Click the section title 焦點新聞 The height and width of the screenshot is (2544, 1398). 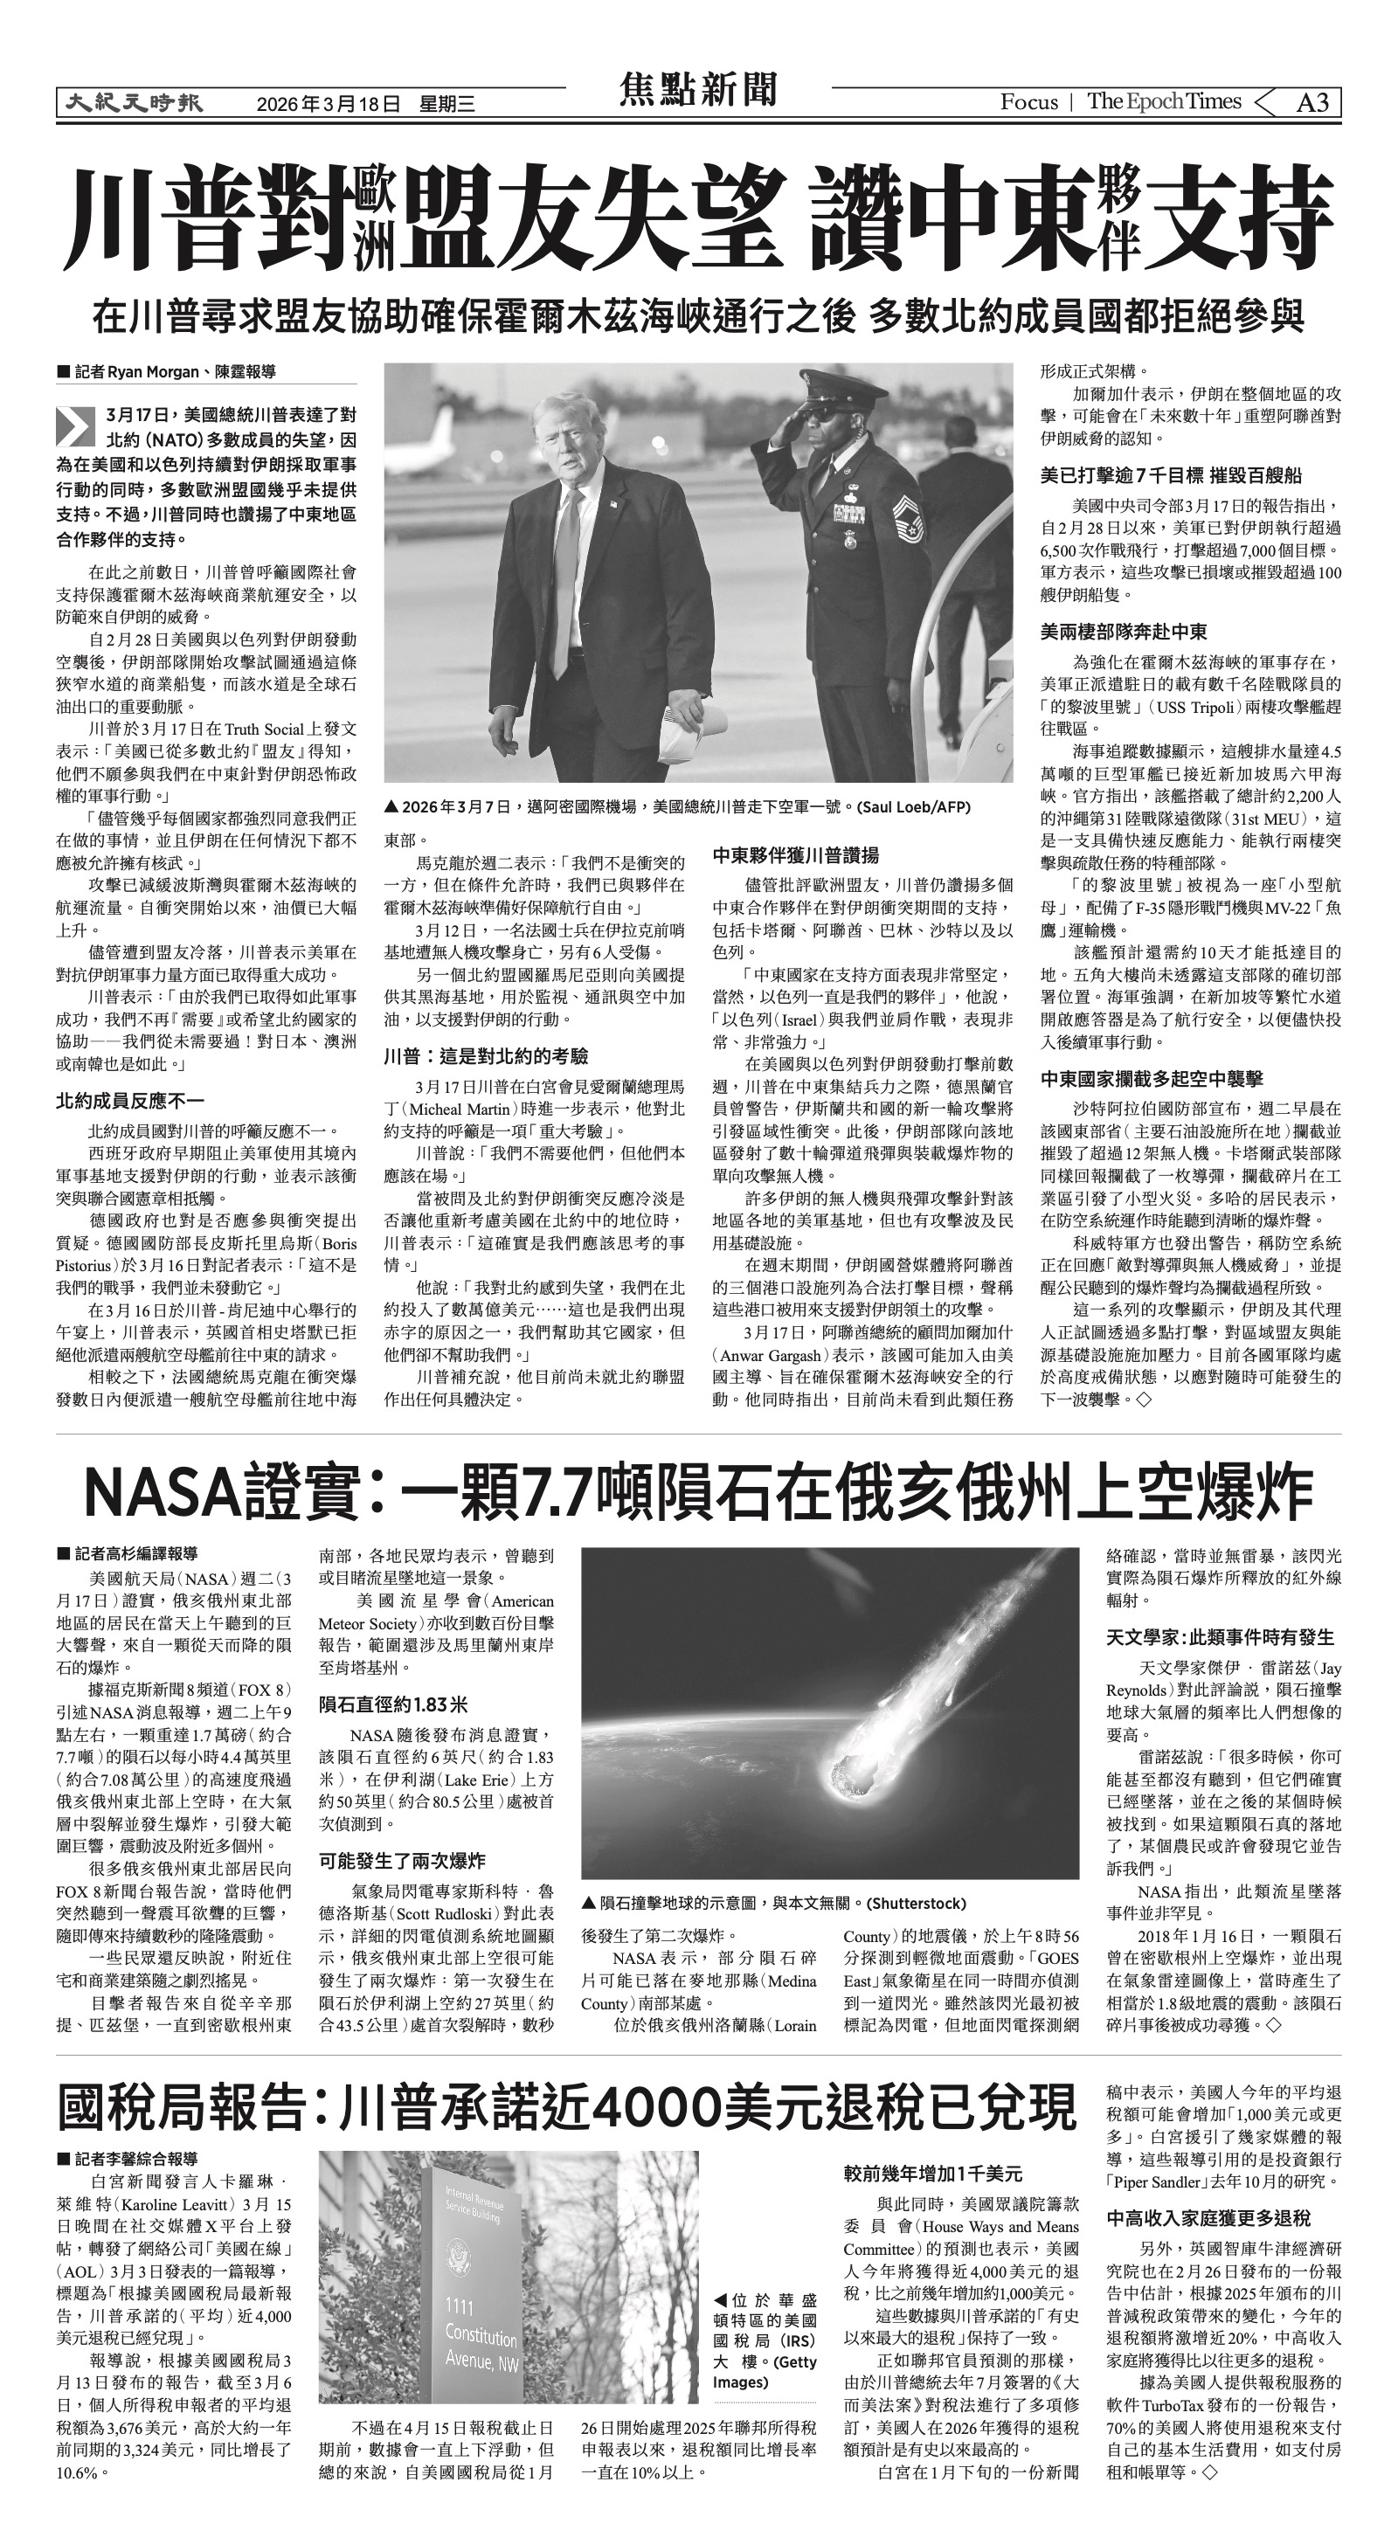pos(698,90)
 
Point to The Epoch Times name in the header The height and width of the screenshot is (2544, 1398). pos(1164,101)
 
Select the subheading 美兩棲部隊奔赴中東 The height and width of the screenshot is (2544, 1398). pos(1124,631)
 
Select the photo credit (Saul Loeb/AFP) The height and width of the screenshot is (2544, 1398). pos(914,807)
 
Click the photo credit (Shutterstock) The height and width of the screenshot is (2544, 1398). pos(917,1903)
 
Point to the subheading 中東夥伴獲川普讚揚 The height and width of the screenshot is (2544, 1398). pos(795,855)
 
